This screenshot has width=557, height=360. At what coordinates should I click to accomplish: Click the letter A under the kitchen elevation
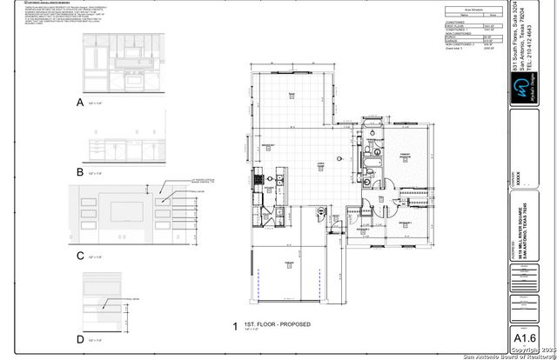[81, 103]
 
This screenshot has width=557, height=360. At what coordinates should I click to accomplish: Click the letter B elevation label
[81, 172]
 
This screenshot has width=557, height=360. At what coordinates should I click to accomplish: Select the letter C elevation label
[81, 256]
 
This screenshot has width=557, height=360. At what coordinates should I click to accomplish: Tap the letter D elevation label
[81, 338]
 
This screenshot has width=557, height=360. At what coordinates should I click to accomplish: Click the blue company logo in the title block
[522, 87]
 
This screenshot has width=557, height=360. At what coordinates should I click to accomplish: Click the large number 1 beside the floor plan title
[235, 327]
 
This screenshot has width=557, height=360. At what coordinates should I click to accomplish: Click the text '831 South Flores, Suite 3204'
[518, 43]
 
